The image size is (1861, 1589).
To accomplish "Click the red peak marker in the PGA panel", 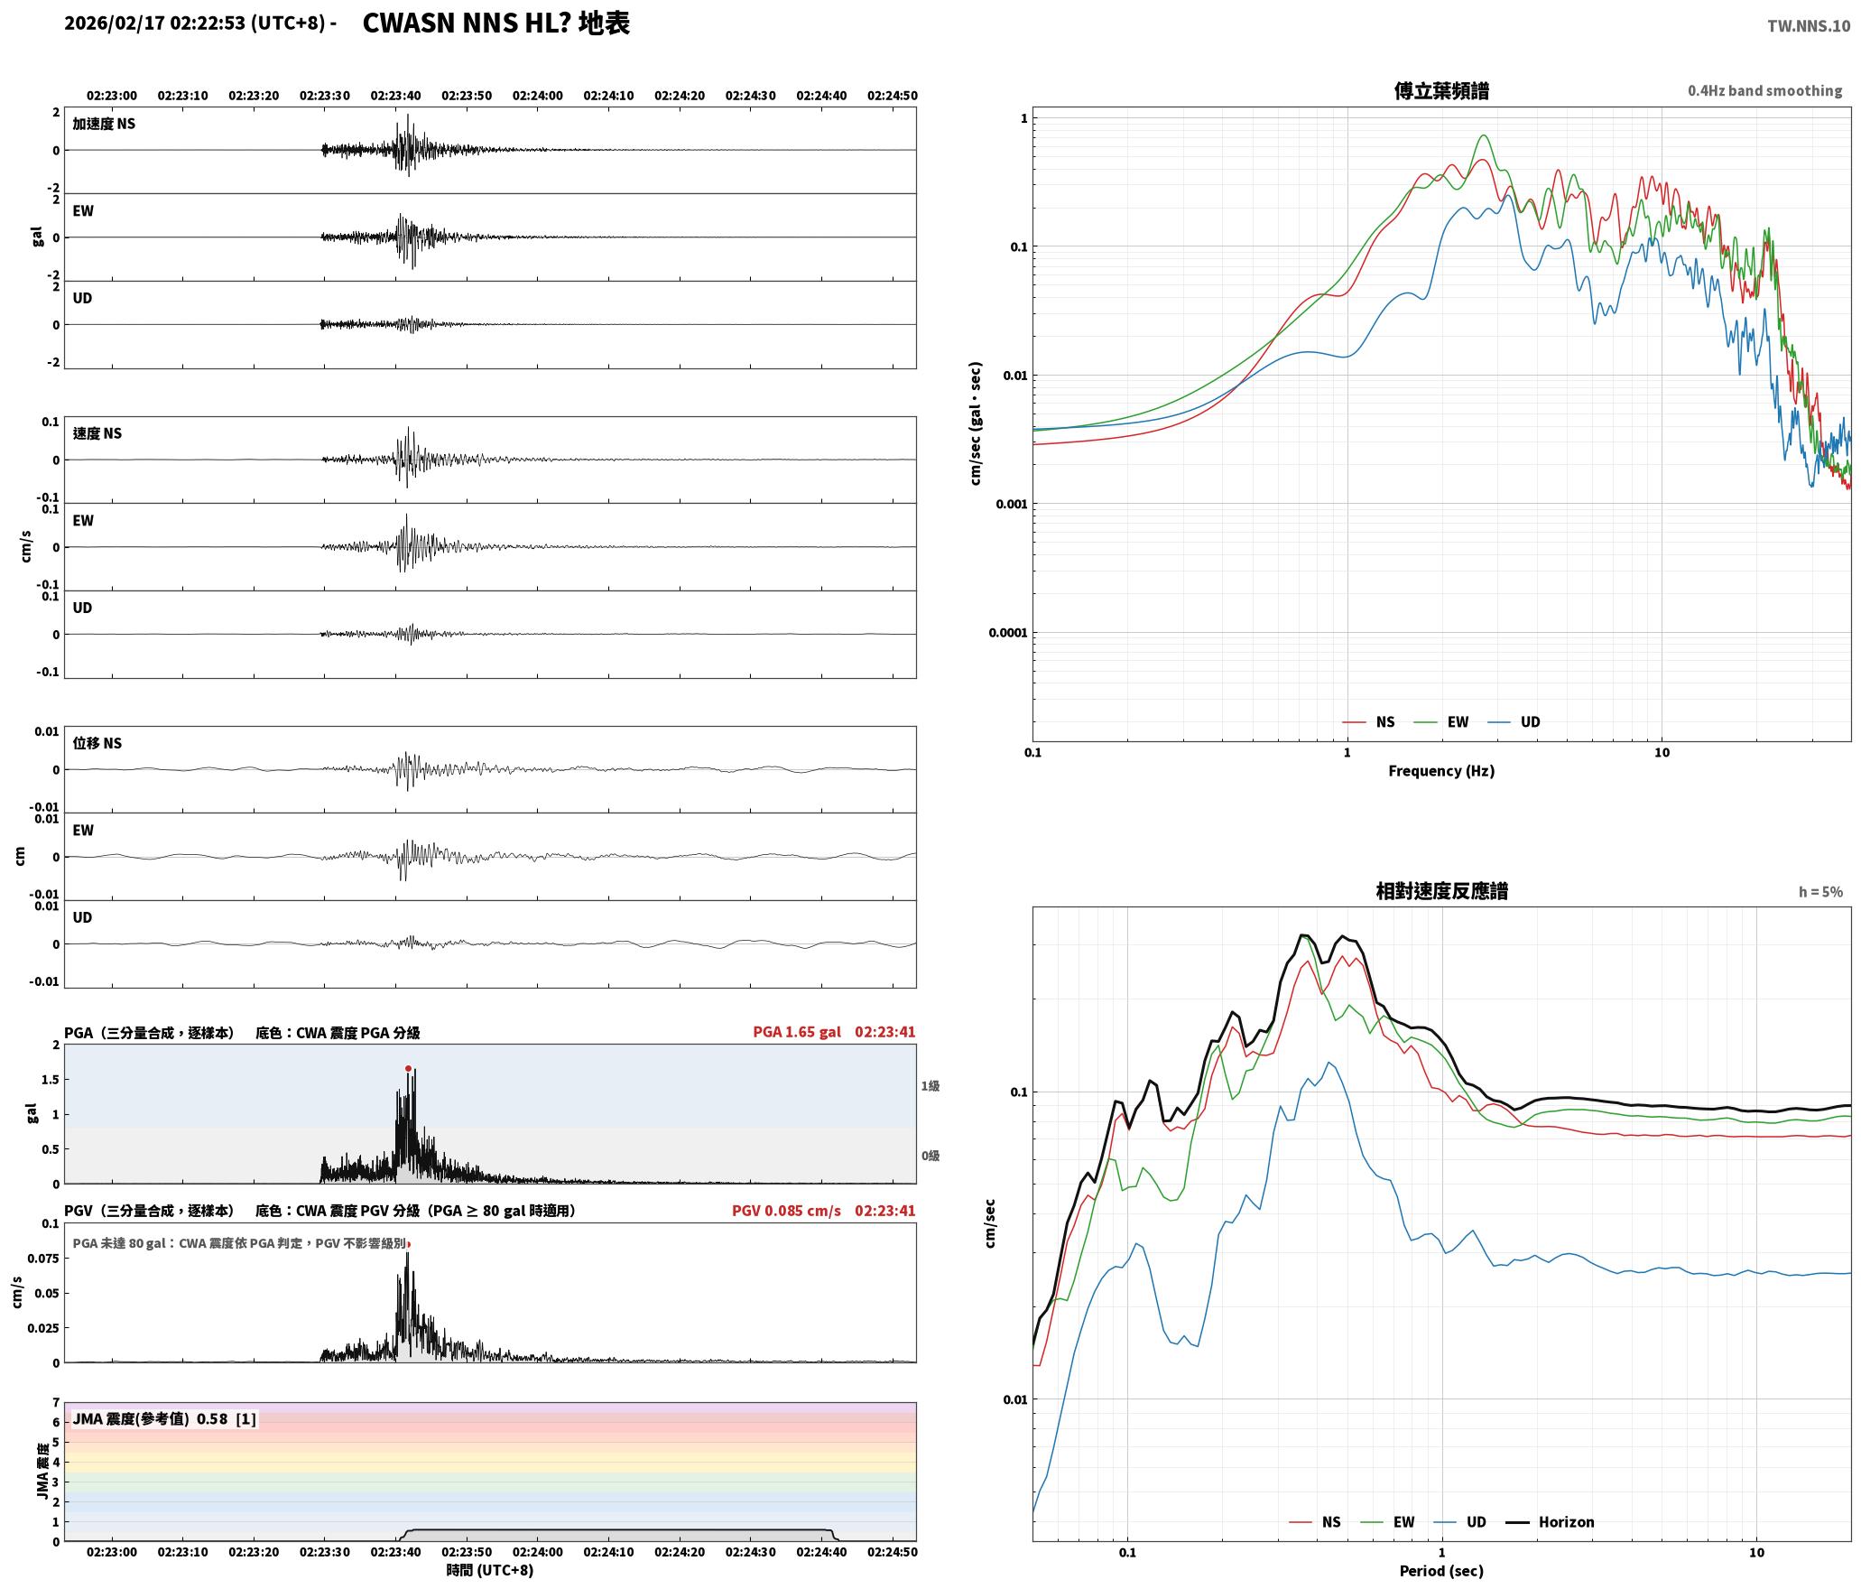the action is click(408, 1068).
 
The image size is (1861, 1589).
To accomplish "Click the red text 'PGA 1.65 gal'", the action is click(797, 1032).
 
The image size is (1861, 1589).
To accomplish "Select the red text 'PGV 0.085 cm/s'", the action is click(786, 1211).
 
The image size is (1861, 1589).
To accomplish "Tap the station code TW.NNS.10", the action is click(1809, 26).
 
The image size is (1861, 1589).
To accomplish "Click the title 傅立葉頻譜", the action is click(1441, 91).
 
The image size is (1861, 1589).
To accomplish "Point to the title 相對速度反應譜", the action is click(1441, 891).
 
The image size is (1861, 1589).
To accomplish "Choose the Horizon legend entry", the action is click(1551, 1522).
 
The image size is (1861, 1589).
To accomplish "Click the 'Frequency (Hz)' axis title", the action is click(1441, 771).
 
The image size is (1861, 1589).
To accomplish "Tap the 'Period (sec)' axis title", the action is click(1441, 1571).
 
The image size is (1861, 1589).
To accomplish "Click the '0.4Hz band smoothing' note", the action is click(1765, 91).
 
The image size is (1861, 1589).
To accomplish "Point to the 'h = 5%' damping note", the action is click(1820, 892).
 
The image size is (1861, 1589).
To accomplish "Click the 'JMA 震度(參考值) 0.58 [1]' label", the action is click(164, 1418).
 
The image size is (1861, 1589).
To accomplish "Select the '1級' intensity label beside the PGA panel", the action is click(930, 1086).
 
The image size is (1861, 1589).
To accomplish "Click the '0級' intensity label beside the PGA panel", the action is click(930, 1156).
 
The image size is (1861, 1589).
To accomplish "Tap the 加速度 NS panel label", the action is click(104, 124).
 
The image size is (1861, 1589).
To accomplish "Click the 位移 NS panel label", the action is click(97, 743).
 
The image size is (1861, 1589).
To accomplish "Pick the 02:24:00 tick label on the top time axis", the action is click(538, 96).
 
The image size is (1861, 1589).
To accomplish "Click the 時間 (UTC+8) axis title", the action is click(490, 1570).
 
